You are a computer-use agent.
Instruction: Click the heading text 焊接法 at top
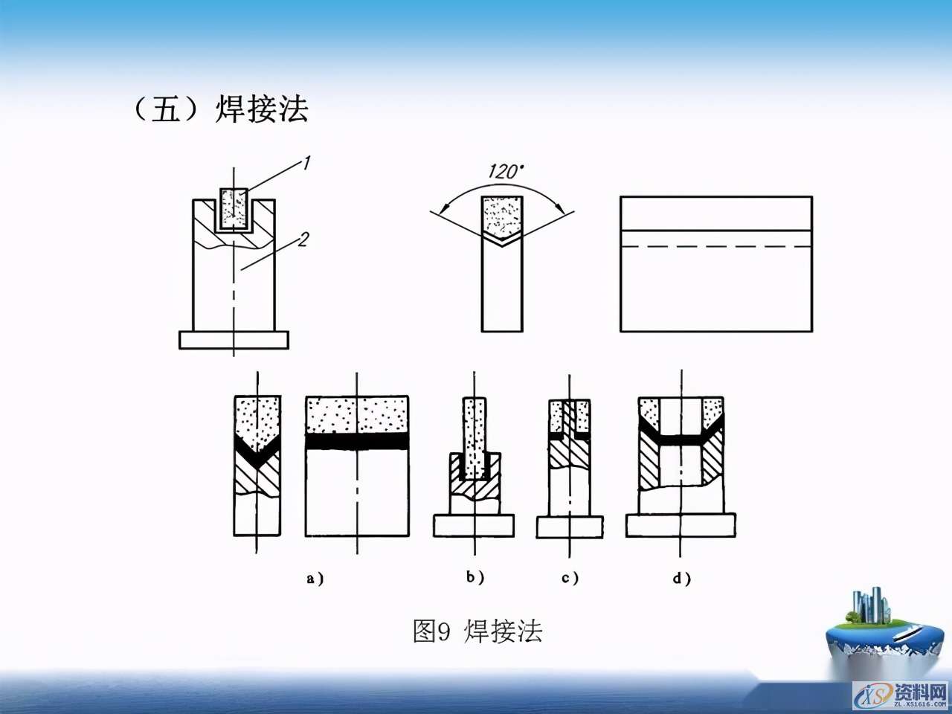click(x=262, y=109)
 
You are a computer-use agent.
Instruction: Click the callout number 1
click(x=305, y=163)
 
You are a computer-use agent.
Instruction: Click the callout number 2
click(x=302, y=239)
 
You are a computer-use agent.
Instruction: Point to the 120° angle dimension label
click(x=505, y=172)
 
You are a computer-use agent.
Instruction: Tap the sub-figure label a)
click(x=315, y=578)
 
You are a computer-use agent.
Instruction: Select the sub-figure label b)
click(x=475, y=577)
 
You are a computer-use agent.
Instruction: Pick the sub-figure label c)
click(x=570, y=578)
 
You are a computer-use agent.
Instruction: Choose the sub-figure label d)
click(x=681, y=578)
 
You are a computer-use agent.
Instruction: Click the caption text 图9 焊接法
click(x=477, y=631)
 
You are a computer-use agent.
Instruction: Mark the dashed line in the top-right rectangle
click(x=715, y=246)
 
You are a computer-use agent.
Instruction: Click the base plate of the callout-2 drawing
click(x=234, y=340)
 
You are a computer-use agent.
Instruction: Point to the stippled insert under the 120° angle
click(x=502, y=216)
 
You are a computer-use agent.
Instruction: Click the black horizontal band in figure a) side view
click(x=357, y=441)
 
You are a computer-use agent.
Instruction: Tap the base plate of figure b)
click(x=474, y=525)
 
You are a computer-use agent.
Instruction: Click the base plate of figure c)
click(x=570, y=527)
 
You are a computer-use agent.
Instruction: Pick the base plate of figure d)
click(x=680, y=525)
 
